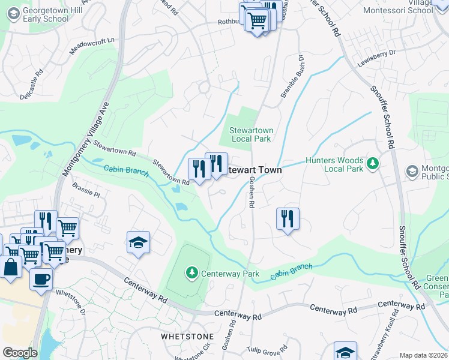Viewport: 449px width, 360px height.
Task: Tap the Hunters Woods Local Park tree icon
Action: (x=372, y=163)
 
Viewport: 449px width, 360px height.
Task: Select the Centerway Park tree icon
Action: (x=191, y=274)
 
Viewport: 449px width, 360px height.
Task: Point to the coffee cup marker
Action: (x=41, y=278)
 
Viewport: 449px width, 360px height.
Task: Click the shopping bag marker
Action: (x=11, y=267)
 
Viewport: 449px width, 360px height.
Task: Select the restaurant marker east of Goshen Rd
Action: (x=288, y=218)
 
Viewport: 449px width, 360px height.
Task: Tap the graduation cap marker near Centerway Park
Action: (x=139, y=242)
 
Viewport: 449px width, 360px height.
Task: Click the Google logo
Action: (x=20, y=353)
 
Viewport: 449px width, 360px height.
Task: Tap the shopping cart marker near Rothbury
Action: (x=257, y=20)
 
